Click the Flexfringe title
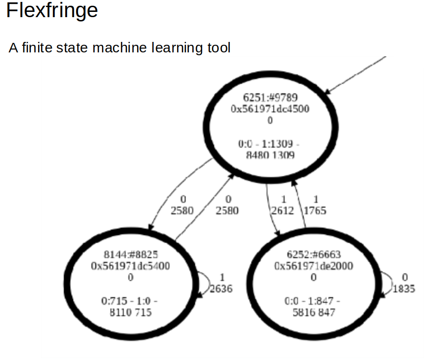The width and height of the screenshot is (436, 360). click(52, 10)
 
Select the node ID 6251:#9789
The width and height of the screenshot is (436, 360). click(270, 98)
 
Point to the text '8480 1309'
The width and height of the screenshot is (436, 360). click(270, 155)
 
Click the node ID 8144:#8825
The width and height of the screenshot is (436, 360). click(130, 255)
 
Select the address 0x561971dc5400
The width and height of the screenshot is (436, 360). click(130, 266)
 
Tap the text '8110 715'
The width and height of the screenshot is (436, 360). click(130, 312)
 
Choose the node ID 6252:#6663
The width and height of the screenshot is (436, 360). click(314, 255)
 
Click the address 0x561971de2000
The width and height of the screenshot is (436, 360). click(314, 266)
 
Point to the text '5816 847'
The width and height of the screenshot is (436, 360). click(314, 312)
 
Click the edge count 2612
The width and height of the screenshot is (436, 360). click(282, 210)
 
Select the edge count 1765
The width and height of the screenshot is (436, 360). click(315, 210)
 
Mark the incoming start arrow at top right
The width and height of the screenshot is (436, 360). click(357, 74)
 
